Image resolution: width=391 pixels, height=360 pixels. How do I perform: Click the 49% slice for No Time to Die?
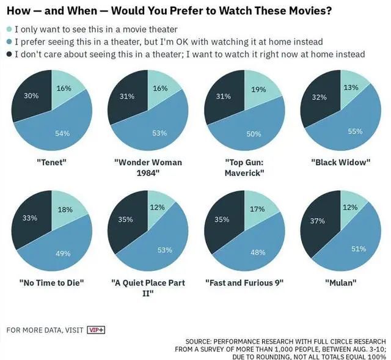[60, 251]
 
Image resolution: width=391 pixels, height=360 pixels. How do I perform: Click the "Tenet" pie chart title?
[51, 162]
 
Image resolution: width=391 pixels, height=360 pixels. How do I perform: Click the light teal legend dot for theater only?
[9, 29]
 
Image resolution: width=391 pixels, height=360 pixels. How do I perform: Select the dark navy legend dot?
[9, 54]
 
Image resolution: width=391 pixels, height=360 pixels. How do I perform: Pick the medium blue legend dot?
[9, 42]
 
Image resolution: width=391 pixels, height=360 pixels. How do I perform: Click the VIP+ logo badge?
[96, 330]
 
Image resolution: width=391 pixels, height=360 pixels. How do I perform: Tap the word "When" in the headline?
[86, 10]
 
